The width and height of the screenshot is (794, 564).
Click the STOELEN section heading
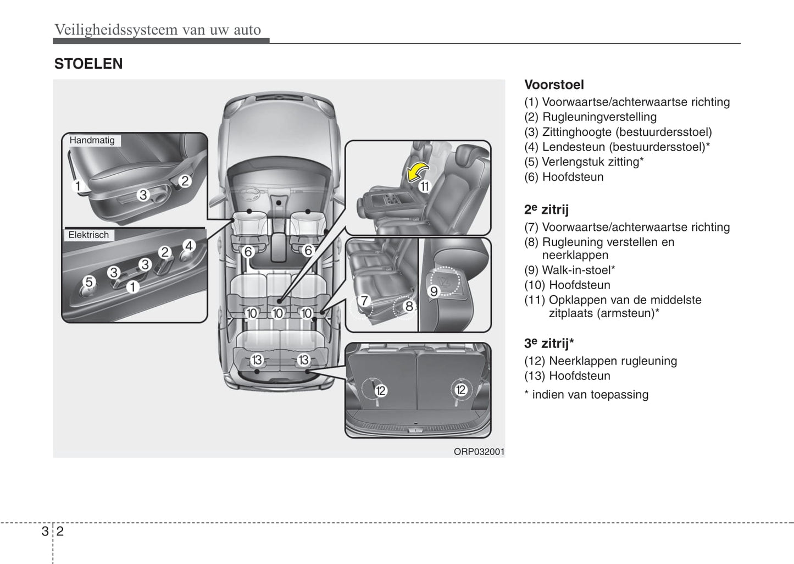[88, 64]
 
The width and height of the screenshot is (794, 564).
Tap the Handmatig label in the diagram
[92, 140]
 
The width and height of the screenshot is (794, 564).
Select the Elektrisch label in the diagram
[88, 235]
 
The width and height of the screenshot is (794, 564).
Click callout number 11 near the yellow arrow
[424, 186]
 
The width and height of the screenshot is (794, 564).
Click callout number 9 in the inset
[434, 291]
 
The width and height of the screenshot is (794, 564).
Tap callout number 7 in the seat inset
[363, 301]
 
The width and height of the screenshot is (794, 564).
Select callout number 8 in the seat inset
[409, 306]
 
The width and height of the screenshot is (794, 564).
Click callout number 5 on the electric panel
[89, 282]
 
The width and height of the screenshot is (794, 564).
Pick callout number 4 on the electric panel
[188, 245]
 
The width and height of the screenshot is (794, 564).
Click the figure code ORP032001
[479, 452]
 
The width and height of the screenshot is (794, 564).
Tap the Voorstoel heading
[554, 85]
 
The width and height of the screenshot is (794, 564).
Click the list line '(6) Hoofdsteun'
[564, 177]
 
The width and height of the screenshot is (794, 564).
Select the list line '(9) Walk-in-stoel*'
[569, 270]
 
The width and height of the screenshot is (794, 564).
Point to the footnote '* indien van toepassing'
[586, 395]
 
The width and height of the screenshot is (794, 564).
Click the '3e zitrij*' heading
[549, 344]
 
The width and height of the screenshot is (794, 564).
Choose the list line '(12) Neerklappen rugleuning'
[601, 361]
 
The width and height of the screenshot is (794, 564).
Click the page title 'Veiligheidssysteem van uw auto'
[158, 30]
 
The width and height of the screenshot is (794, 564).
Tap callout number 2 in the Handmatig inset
[185, 180]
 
